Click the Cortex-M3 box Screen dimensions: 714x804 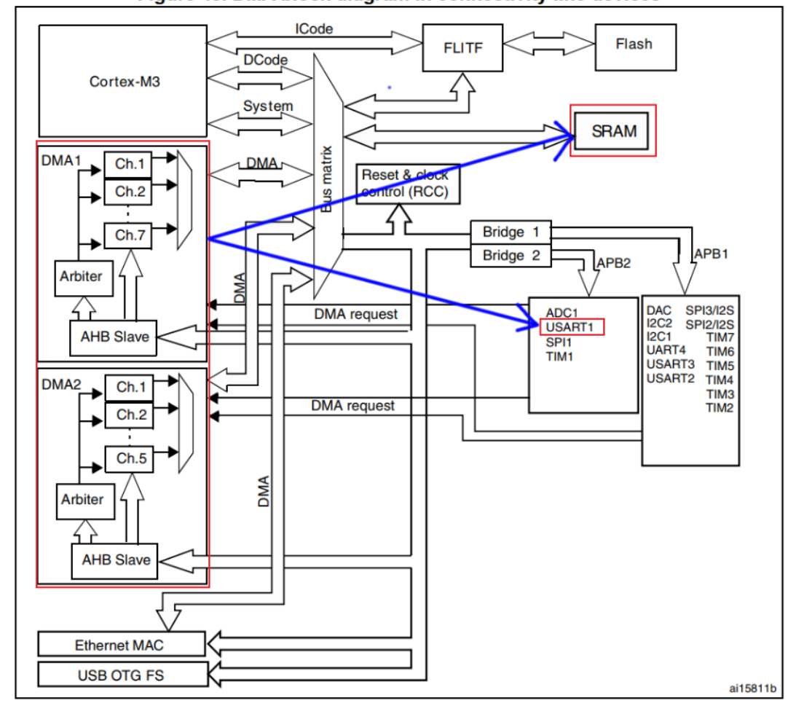point(125,81)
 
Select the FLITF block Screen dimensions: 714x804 point(462,48)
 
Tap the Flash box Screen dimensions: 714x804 point(633,44)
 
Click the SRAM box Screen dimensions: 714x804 point(613,132)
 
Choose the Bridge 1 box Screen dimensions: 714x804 point(511,232)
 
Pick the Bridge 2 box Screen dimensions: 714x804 point(511,256)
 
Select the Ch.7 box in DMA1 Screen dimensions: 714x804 point(128,235)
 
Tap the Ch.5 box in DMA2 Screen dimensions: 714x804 point(128,459)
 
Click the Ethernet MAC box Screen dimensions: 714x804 point(120,645)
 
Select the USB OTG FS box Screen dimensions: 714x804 point(120,675)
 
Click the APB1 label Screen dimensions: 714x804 point(711,255)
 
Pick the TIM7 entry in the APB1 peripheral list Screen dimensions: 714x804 point(720,337)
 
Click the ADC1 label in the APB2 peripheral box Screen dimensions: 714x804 point(561,313)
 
